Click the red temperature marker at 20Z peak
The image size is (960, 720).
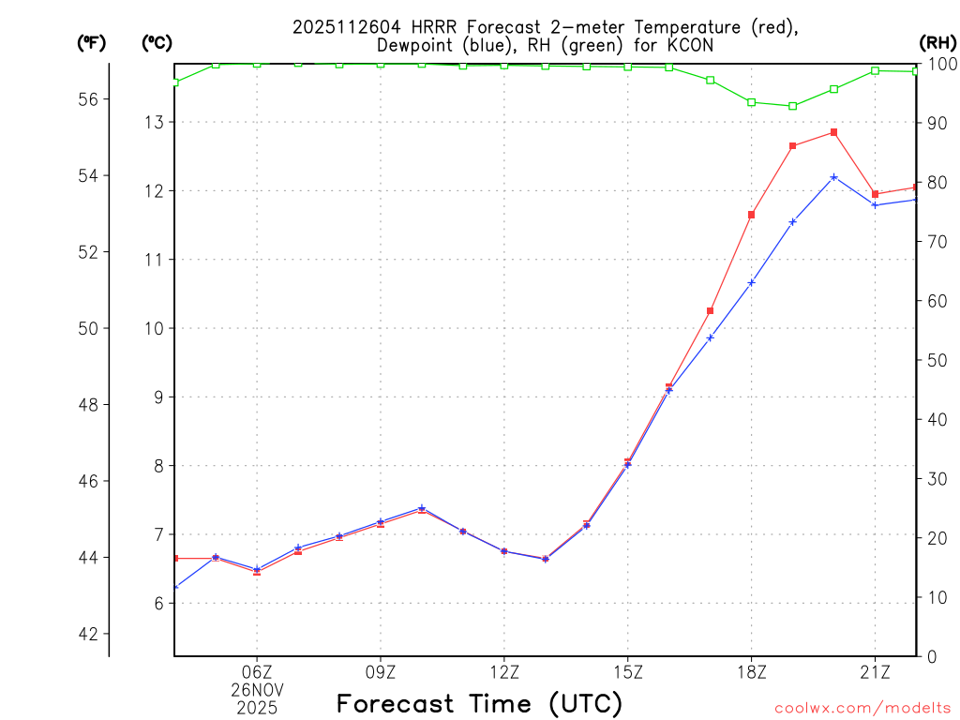tap(833, 132)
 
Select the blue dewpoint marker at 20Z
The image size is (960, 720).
tap(833, 176)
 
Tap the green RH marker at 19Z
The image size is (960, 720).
tap(792, 106)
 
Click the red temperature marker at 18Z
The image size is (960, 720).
tap(751, 215)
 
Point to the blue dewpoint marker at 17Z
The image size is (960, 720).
tap(710, 337)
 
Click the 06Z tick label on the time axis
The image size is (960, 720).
tap(257, 672)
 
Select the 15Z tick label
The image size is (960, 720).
tap(627, 672)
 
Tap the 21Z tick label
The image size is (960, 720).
tap(875, 672)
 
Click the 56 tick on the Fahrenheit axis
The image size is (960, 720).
tap(88, 99)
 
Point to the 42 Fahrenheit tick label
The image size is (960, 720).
tap(88, 634)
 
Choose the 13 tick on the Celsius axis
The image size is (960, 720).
tap(155, 122)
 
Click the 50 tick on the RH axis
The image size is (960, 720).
tap(937, 360)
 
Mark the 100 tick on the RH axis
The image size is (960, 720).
tap(940, 64)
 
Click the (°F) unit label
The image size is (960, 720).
tap(92, 42)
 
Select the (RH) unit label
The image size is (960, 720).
tap(937, 42)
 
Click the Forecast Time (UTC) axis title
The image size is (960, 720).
tap(479, 703)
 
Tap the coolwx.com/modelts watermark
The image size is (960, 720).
tap(862, 709)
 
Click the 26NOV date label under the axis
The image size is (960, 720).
tap(257, 689)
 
